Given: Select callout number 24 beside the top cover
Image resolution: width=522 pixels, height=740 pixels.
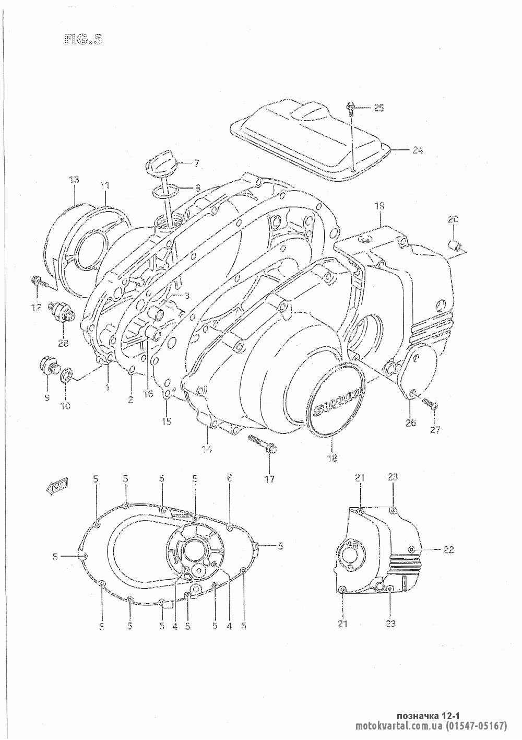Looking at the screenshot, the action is (x=417, y=150).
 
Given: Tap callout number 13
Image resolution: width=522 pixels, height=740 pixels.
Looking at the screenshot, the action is (x=74, y=180).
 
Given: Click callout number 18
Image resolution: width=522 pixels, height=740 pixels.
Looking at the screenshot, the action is (x=332, y=458).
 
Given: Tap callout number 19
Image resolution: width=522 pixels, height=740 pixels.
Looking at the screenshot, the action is (x=379, y=206).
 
